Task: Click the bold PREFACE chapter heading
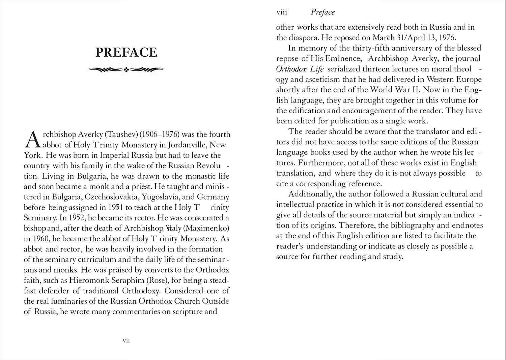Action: tap(126, 52)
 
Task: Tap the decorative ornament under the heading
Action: tap(126, 70)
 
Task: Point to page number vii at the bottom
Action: tap(126, 340)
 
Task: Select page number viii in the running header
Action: tap(282, 12)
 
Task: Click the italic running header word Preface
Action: tap(323, 12)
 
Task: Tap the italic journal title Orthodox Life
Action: tap(300, 69)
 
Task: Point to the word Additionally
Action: tap(310, 194)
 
